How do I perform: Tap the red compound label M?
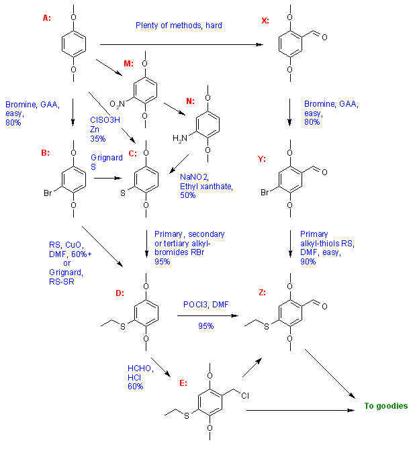128,64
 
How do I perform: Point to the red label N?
190,101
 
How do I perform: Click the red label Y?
263,159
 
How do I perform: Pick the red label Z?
262,292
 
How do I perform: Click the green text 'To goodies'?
385,405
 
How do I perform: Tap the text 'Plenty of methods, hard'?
179,26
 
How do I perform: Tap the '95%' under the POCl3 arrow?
205,326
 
